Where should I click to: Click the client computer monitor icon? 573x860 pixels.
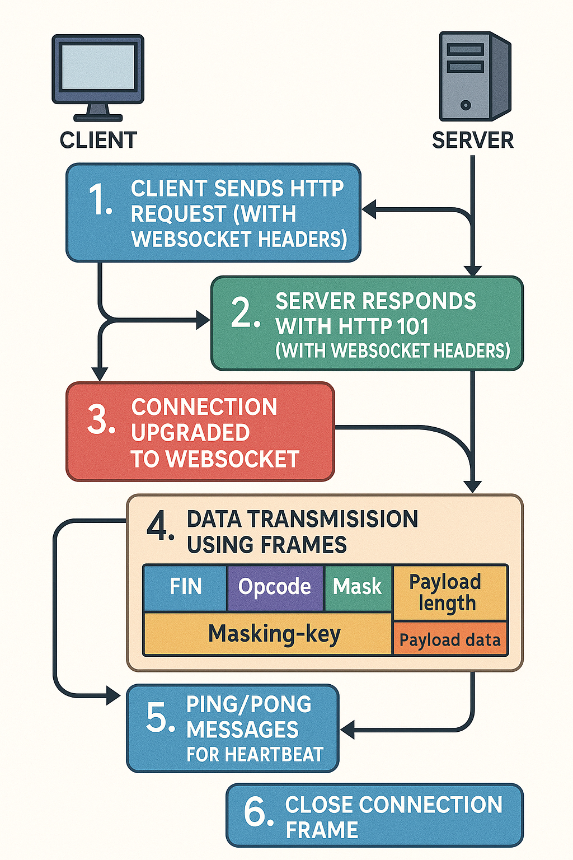pyautogui.click(x=98, y=76)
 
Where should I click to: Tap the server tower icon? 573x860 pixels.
pyautogui.click(x=473, y=76)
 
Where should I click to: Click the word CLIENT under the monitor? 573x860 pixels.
pyautogui.click(x=98, y=140)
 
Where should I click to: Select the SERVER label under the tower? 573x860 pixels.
pyautogui.click(x=473, y=140)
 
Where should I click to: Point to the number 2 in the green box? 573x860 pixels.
pyautogui.click(x=245, y=313)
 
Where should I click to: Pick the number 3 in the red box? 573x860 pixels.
pyautogui.click(x=101, y=419)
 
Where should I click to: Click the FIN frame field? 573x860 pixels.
pyautogui.click(x=185, y=587)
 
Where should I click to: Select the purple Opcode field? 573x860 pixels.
pyautogui.click(x=275, y=587)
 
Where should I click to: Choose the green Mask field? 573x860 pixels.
pyautogui.click(x=357, y=587)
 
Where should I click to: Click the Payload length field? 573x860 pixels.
pyautogui.click(x=446, y=592)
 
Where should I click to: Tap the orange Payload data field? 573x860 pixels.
pyautogui.click(x=450, y=639)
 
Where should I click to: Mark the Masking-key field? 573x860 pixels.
pyautogui.click(x=274, y=634)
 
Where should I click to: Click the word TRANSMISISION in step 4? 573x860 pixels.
pyautogui.click(x=333, y=519)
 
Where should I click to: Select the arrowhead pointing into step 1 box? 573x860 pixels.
pyautogui.click(x=369, y=210)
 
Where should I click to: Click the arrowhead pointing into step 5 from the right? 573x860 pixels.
pyautogui.click(x=347, y=730)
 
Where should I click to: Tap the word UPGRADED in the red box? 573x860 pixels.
pyautogui.click(x=190, y=433)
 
